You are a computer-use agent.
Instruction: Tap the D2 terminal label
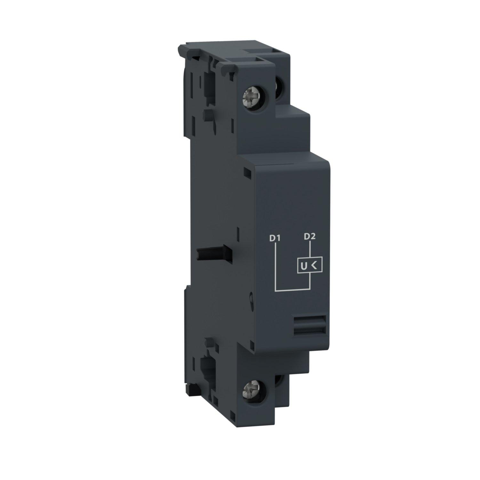[x=310, y=236]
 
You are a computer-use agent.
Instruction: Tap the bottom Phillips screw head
[x=249, y=390]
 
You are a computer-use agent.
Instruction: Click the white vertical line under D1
[x=276, y=266]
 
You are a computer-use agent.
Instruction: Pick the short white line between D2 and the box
[x=310, y=250]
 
